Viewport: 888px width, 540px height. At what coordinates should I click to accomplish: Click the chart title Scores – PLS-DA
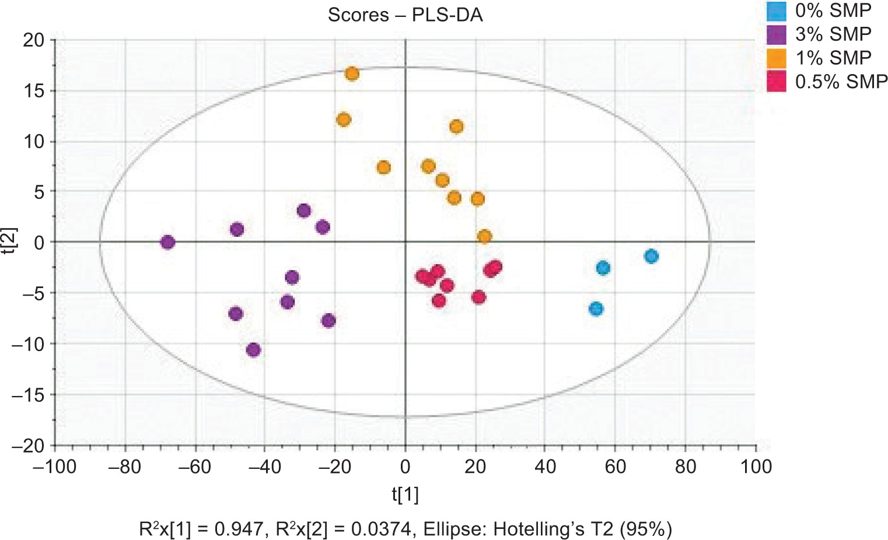pos(405,15)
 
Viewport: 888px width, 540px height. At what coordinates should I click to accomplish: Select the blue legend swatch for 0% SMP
pos(776,11)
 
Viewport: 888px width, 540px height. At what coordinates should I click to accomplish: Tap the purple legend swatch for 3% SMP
pos(776,35)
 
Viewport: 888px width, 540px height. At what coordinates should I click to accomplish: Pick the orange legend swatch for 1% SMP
pos(776,58)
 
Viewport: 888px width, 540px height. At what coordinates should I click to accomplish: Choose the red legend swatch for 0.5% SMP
pos(776,82)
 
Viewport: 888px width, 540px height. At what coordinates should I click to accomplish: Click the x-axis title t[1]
pos(405,495)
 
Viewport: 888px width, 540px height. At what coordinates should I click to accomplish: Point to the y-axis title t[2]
pos(11,242)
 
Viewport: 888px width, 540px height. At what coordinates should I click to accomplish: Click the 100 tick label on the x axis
pos(756,467)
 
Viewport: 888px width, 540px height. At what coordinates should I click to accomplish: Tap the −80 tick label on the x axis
pos(125,467)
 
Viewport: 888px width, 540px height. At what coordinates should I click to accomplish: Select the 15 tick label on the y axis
pos(33,91)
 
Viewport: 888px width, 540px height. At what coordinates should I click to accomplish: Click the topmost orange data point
pos(352,74)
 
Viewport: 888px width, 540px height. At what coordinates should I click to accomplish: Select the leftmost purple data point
pos(167,242)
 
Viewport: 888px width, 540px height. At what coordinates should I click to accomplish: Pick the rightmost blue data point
pos(651,256)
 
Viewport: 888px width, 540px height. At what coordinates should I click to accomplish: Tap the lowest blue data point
pos(596,309)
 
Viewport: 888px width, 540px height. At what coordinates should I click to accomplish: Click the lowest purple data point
pos(253,350)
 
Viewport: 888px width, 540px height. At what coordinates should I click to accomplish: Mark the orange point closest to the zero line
pos(484,237)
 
